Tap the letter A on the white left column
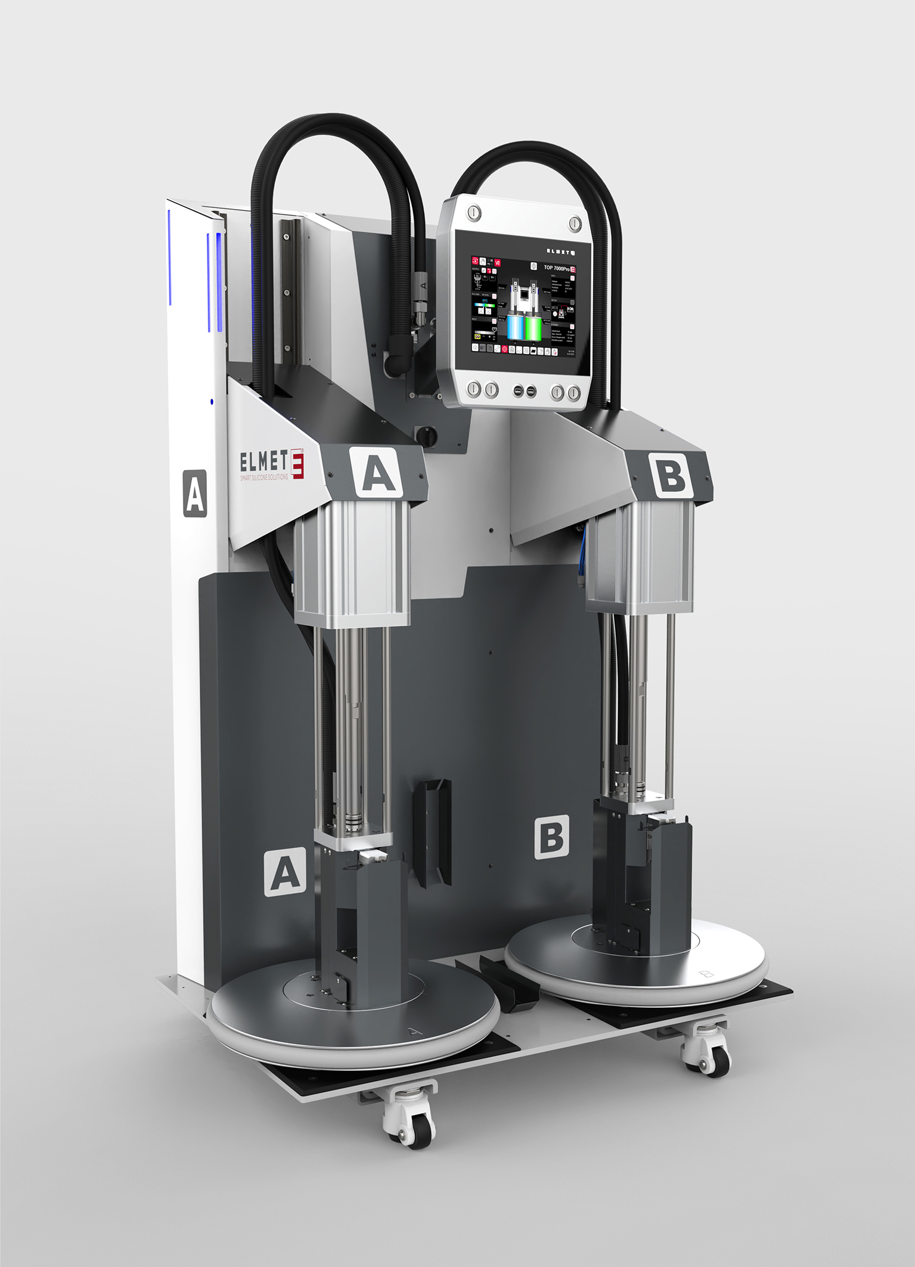[195, 493]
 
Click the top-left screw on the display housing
[473, 212]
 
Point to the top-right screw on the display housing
[574, 223]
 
